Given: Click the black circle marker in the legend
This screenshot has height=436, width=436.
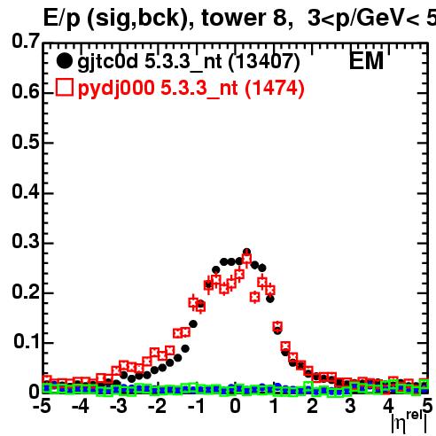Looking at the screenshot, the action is coord(64,61).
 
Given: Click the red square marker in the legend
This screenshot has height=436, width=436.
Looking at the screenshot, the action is coord(64,87).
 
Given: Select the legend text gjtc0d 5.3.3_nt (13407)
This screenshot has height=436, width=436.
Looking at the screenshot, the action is coord(189,62).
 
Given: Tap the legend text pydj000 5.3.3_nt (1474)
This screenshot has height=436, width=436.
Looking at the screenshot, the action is coord(191,89).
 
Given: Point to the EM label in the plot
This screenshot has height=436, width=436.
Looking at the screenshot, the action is coord(366,60).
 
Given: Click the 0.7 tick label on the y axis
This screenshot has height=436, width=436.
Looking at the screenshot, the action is coord(26,41).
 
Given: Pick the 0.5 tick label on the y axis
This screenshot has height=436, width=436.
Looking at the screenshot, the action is coord(26,142).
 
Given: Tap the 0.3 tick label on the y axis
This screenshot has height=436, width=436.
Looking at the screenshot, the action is coord(26,241).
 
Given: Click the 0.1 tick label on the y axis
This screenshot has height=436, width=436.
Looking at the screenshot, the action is coord(26,341).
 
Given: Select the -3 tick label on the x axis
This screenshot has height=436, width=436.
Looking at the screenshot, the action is coord(119,406).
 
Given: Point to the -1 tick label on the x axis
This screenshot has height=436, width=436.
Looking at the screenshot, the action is coord(196,406).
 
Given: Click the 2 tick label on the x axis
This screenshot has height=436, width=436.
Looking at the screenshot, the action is coord(312,406).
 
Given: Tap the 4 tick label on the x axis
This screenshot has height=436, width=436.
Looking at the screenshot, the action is coord(388,406).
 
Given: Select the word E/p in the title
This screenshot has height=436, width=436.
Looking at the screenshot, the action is coord(62,19).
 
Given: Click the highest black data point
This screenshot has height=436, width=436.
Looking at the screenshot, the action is coord(247,252).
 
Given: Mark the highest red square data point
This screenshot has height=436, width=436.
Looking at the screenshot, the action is coord(246,259).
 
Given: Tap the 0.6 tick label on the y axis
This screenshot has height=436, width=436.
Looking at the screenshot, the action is coord(26,91).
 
